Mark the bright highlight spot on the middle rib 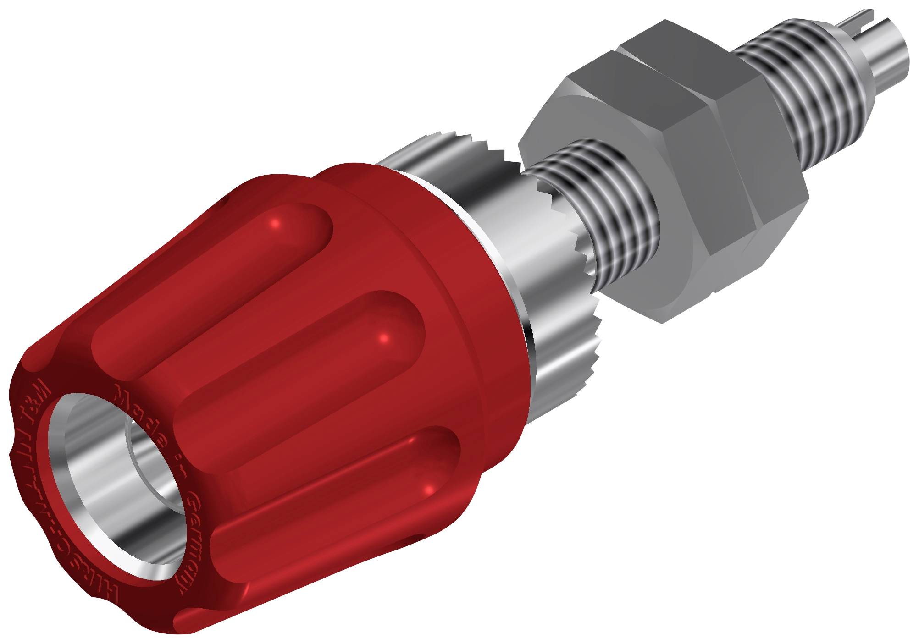[x=384, y=338]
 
